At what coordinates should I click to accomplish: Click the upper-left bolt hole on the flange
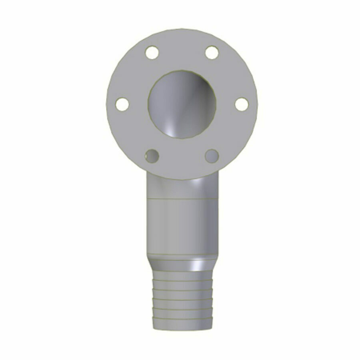(x=152, y=52)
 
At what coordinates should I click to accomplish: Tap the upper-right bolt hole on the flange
(x=212, y=52)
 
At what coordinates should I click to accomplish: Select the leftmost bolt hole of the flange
(x=122, y=104)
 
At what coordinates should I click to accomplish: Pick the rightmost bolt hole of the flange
(x=242, y=104)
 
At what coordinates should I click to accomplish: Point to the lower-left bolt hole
(x=152, y=156)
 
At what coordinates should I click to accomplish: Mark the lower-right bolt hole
(x=212, y=156)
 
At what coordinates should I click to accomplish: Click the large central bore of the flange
(x=182, y=104)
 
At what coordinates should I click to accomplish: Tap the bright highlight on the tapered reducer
(x=197, y=265)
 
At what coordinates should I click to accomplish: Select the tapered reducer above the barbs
(x=182, y=264)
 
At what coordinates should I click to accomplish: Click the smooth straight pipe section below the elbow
(x=182, y=228)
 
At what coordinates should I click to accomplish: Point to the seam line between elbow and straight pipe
(x=182, y=199)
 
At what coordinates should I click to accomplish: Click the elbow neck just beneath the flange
(x=182, y=188)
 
